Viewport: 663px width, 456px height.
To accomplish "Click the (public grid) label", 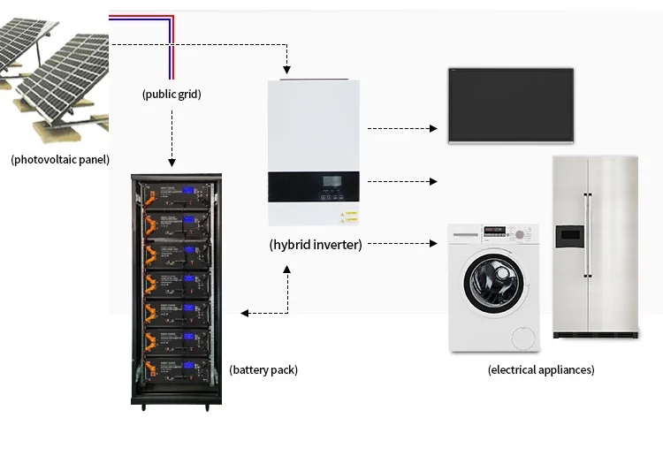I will [x=171, y=93].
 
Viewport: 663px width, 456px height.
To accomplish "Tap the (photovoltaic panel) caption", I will [x=60, y=160].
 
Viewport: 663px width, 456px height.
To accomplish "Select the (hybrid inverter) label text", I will [x=316, y=245].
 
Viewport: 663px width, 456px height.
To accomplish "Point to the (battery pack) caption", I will [x=263, y=370].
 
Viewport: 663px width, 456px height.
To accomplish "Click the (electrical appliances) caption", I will [x=541, y=370].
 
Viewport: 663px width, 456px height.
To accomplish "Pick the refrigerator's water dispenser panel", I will [x=569, y=237].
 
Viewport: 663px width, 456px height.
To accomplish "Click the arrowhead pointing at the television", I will [x=433, y=128].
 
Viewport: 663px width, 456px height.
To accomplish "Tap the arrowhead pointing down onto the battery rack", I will [x=172, y=163].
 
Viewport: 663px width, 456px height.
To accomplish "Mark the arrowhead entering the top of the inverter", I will [x=286, y=71].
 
